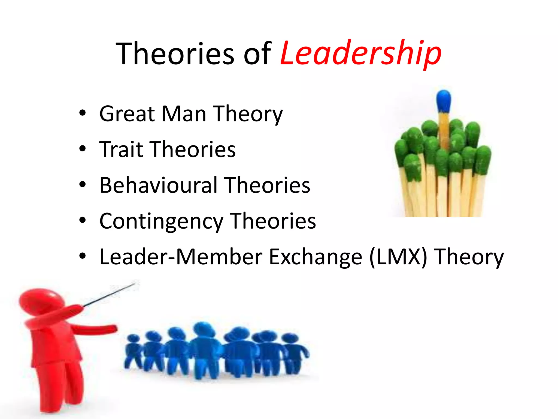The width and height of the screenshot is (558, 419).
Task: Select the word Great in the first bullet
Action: coord(128,114)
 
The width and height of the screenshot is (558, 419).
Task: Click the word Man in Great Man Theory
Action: coord(184,114)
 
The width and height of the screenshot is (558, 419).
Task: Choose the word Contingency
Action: coord(161,221)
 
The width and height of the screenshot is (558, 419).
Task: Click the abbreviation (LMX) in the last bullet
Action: coord(398,257)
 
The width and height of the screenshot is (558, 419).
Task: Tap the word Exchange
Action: coord(316,257)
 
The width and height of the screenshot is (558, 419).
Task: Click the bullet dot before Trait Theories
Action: coord(82,149)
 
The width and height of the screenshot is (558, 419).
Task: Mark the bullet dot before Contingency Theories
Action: coord(82,220)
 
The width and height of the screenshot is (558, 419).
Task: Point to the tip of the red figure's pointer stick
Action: coord(135,284)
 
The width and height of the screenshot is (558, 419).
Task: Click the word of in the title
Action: coord(257,54)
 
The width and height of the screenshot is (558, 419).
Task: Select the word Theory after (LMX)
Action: coord(469,257)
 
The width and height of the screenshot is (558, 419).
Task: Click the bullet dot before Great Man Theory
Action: coord(82,113)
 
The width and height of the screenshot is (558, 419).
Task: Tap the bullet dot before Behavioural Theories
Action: coord(82,185)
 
